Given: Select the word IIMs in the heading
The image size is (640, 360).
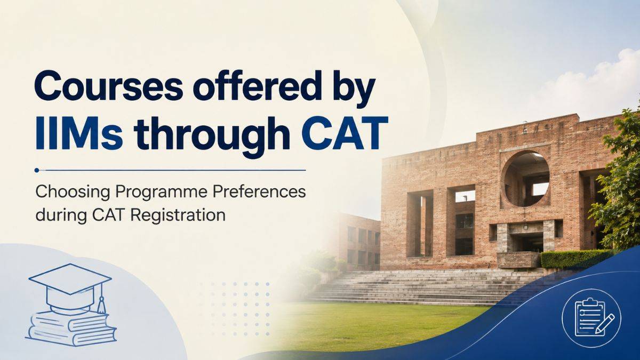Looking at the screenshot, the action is click(79, 133).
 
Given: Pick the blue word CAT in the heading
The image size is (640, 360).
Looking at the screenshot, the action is click(345, 133).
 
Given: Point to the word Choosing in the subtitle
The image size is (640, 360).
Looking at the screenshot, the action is click(73, 193).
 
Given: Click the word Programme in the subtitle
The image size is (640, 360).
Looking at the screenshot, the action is click(162, 193).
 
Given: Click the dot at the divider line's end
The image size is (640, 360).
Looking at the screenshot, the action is click(37, 170).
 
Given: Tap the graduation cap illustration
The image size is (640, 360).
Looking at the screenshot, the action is click(70, 286).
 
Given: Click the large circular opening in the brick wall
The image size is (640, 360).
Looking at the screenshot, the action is click(525, 179).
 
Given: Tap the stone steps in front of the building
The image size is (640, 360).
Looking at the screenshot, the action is click(423, 286).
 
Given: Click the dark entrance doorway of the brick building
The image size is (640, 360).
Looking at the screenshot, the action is click(527, 242).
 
